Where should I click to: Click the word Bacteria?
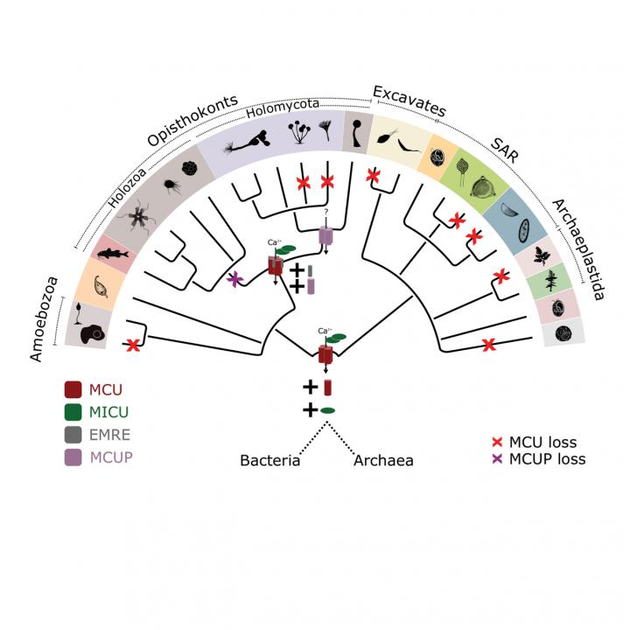point(270,460)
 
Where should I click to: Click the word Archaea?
point(383,460)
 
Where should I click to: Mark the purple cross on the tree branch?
point(234,280)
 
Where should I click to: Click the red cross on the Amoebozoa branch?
point(133,346)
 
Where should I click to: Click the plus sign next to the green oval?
point(309,409)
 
